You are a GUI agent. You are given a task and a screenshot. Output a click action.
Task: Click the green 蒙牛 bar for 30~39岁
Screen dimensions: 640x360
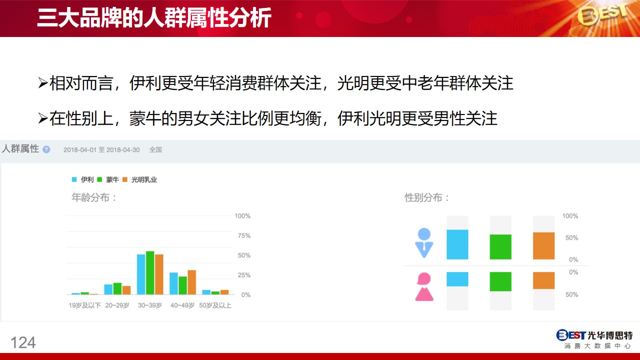tap(150, 273)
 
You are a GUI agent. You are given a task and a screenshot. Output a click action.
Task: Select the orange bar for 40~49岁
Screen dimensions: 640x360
tap(191, 282)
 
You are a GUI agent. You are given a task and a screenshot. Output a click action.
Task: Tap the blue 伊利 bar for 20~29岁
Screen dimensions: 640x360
tap(108, 289)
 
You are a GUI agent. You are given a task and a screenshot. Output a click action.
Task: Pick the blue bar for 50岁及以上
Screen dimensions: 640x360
tap(206, 292)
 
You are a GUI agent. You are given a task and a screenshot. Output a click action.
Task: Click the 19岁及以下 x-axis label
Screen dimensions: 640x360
tap(85, 305)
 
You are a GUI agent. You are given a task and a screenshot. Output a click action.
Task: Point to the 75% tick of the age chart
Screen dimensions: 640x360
tap(244, 235)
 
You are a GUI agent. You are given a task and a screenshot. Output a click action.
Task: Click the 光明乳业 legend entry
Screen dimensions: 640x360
tap(140, 179)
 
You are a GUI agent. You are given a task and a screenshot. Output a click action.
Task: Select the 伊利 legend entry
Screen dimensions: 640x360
tap(83, 179)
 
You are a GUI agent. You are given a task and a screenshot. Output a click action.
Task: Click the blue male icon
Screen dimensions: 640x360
tap(424, 243)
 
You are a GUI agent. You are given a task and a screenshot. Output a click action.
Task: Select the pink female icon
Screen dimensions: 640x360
tap(424, 286)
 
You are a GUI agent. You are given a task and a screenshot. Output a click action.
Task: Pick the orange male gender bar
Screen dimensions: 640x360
tap(543, 245)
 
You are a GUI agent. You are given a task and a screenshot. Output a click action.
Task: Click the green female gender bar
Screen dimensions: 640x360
tap(500, 281)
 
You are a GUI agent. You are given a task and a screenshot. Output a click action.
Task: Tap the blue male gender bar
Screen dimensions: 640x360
tap(457, 244)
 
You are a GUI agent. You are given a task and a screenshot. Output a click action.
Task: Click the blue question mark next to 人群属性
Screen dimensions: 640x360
tap(46, 149)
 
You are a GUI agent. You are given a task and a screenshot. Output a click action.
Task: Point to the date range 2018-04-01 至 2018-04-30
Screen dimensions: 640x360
tap(101, 149)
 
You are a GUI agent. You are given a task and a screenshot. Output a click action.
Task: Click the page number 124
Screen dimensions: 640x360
tap(23, 342)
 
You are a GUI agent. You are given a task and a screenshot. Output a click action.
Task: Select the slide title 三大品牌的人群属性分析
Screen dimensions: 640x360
tap(154, 17)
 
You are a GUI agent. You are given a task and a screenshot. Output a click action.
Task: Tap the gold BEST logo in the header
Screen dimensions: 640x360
tap(602, 15)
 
